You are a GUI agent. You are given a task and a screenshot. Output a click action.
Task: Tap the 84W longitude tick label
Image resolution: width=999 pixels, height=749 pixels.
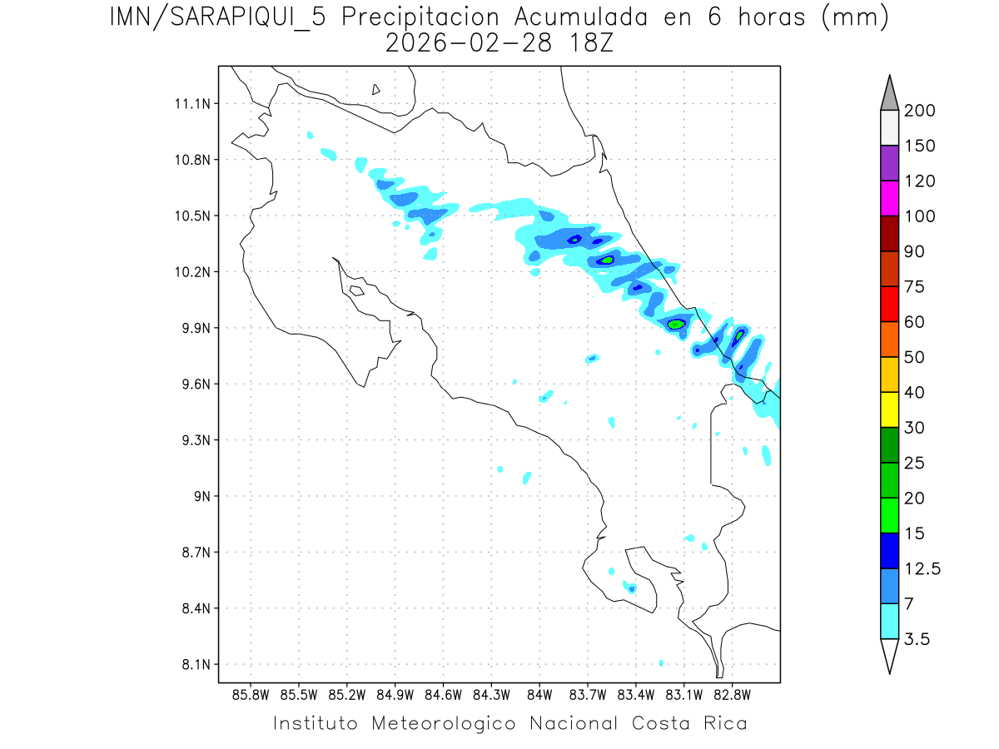tap(539, 694)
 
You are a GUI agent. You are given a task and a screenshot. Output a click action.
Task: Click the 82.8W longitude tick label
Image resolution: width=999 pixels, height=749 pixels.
tap(732, 694)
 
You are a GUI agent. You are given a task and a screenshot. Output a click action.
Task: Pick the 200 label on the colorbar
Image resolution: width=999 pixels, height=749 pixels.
tap(919, 112)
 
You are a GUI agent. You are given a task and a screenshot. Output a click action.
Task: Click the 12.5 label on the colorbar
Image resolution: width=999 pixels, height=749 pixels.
tap(922, 569)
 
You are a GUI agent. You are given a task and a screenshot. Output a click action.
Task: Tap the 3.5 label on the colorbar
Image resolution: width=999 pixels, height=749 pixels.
tap(917, 639)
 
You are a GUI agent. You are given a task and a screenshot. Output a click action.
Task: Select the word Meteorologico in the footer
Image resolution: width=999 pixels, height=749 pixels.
tap(447, 723)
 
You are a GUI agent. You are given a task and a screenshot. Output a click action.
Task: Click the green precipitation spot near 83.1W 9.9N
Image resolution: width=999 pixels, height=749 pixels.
tap(676, 323)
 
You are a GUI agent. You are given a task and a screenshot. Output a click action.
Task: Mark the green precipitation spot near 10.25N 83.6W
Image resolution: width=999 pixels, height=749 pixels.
tap(607, 260)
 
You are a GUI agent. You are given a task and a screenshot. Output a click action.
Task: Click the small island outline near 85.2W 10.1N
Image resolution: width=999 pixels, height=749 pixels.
tap(355, 290)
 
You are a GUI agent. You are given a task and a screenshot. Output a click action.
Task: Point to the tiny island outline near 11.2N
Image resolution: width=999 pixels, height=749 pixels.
tap(376, 89)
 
